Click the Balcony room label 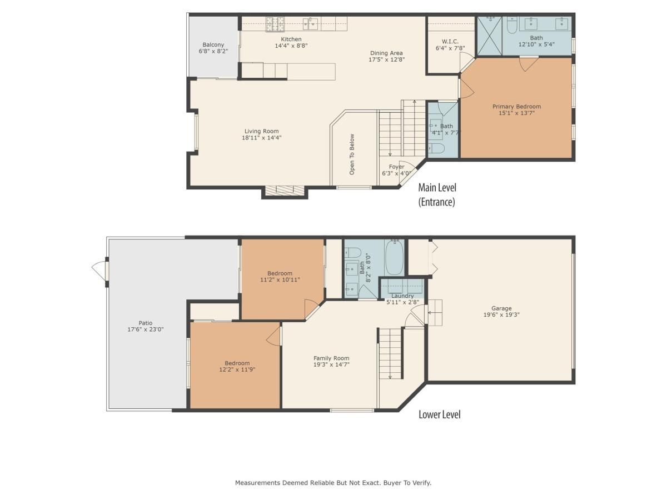pyautogui.click(x=213, y=44)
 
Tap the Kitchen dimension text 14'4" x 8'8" pyautogui.click(x=291, y=46)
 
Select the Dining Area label pyautogui.click(x=386, y=53)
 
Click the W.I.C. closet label pyautogui.click(x=450, y=41)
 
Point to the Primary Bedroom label pyautogui.click(x=516, y=107)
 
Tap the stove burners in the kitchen pyautogui.click(x=274, y=23)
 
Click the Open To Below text pyautogui.click(x=352, y=154)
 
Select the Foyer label pyautogui.click(x=396, y=167)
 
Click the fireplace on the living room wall pyautogui.click(x=285, y=191)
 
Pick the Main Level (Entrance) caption pyautogui.click(x=437, y=194)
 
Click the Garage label pyautogui.click(x=501, y=308)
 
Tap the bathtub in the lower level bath pyautogui.click(x=394, y=257)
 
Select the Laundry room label pyautogui.click(x=402, y=296)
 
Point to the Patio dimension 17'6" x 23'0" pyautogui.click(x=146, y=329)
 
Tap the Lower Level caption pyautogui.click(x=439, y=414)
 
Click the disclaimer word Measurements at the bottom pyautogui.click(x=257, y=483)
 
